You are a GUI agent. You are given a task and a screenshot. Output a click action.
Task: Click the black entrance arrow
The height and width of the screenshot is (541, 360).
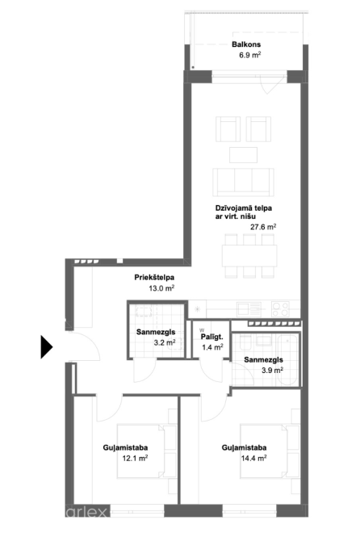pyautogui.click(x=46, y=346)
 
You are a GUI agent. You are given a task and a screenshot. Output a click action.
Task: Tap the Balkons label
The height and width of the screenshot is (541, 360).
pyautogui.click(x=246, y=44)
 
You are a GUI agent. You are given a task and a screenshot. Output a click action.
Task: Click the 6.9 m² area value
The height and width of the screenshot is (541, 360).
pyautogui.click(x=250, y=55)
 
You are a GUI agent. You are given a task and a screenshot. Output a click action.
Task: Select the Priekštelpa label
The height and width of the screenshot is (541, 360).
pyautogui.click(x=154, y=277)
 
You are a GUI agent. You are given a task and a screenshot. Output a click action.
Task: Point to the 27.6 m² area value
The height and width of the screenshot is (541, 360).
pyautogui.click(x=263, y=227)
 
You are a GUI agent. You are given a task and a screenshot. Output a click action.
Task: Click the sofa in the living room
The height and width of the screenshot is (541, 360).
pyautogui.click(x=244, y=182)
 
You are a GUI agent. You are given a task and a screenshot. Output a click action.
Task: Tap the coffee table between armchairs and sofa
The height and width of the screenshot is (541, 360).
pyautogui.click(x=243, y=155)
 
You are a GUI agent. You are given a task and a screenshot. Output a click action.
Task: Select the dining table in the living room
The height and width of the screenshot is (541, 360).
pyautogui.click(x=249, y=255)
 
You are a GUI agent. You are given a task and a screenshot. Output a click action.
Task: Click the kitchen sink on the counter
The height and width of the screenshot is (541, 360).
pyautogui.click(x=249, y=308)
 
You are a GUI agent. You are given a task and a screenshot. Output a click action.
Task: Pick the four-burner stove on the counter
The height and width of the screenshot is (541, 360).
pyautogui.click(x=280, y=308)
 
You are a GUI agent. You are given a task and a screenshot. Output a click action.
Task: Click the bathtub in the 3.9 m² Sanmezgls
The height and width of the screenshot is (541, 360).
pyautogui.click(x=287, y=359)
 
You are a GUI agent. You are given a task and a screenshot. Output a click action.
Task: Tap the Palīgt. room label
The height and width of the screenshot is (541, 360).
pyautogui.click(x=212, y=337)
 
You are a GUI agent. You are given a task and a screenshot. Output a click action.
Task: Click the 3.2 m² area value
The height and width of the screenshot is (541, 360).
pyautogui.click(x=165, y=342)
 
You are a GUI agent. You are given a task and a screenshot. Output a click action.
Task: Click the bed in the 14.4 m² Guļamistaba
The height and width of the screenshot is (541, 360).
pyautogui.click(x=264, y=451)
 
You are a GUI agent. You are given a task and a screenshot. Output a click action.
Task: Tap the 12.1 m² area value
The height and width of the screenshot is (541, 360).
pyautogui.click(x=135, y=458)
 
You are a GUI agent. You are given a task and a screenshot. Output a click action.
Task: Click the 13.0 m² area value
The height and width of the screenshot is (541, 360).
pyautogui.click(x=161, y=288)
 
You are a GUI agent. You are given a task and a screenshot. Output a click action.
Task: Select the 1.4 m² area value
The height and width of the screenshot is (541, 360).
pyautogui.click(x=212, y=347)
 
